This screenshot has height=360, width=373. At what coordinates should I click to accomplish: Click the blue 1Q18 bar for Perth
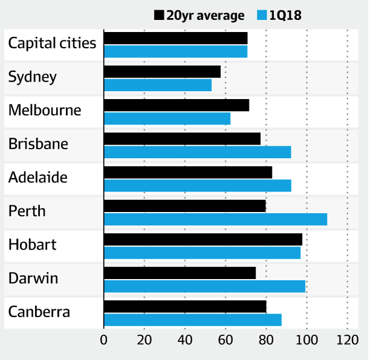pyautogui.click(x=215, y=219)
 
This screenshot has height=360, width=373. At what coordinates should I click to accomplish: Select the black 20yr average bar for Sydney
pyautogui.click(x=162, y=72)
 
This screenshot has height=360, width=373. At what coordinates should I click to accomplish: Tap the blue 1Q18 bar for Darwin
pyautogui.click(x=205, y=286)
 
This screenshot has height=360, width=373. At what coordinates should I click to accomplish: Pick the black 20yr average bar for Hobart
pyautogui.click(x=203, y=239)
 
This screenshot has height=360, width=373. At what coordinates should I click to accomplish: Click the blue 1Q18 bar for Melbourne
pyautogui.click(x=167, y=118)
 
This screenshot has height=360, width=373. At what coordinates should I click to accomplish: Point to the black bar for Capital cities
pyautogui.click(x=176, y=38)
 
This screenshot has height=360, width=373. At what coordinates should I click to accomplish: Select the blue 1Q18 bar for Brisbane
pyautogui.click(x=197, y=152)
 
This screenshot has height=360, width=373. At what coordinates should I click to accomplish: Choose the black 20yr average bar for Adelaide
pyautogui.click(x=188, y=172)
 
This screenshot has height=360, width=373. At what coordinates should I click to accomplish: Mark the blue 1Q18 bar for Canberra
pyautogui.click(x=193, y=320)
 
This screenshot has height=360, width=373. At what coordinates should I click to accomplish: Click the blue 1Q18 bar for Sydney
pyautogui.click(x=158, y=85)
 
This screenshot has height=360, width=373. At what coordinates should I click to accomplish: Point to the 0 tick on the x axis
pyautogui.click(x=104, y=339)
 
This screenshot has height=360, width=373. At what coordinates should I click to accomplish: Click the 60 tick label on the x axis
pyautogui.click(x=226, y=339)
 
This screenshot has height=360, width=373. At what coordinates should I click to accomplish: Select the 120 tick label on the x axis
pyautogui.click(x=347, y=339)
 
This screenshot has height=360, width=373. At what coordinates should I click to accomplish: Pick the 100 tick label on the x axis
pyautogui.click(x=307, y=339)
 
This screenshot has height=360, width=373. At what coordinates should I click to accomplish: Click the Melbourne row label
pyautogui.click(x=45, y=111)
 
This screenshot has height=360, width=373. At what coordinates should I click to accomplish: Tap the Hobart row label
pyautogui.click(x=33, y=245)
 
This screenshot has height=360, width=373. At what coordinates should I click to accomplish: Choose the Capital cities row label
pyautogui.click(x=52, y=43)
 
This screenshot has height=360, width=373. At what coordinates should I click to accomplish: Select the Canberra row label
pyautogui.click(x=39, y=312)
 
